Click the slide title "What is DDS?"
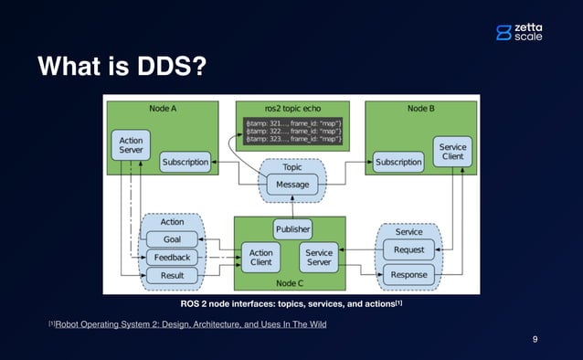pos(121,67)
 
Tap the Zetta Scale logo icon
pos(503,33)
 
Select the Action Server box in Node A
pos(131,143)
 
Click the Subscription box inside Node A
pos(185,163)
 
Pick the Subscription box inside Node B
pos(398,163)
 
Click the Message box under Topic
pos(292,185)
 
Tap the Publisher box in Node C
pos(292,228)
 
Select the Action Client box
pos(260,257)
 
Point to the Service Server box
pos(318,257)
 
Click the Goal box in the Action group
pos(171,239)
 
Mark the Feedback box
pos(171,258)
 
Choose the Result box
pos(171,275)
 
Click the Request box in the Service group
pos(408,249)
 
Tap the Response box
pos(408,274)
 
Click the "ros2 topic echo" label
pos(291,107)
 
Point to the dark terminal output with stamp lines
pos(291,132)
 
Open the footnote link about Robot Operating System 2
pos(190,324)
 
